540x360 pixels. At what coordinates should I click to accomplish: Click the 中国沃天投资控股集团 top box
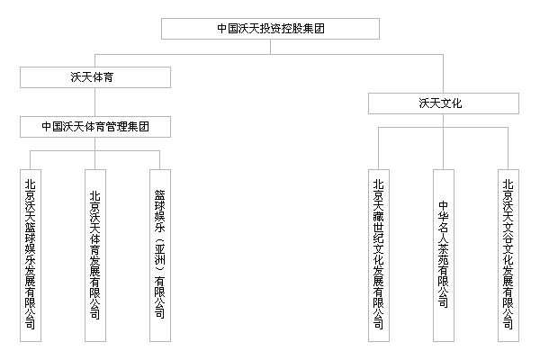click(x=270, y=28)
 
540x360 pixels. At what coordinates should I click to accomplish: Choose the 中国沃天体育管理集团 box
click(x=106, y=127)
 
